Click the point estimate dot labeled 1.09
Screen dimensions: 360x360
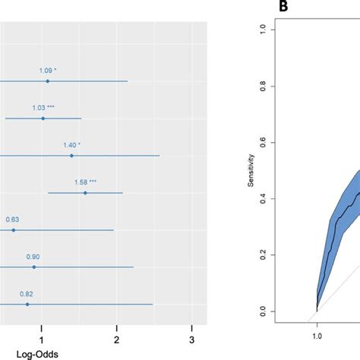(x=47, y=81)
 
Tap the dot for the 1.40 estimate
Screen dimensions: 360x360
(x=71, y=155)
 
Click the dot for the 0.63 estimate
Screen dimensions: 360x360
(x=13, y=229)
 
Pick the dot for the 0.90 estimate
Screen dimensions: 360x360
(x=33, y=267)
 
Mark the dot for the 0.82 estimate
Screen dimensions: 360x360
(x=27, y=304)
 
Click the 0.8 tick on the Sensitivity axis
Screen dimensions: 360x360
(x=283, y=86)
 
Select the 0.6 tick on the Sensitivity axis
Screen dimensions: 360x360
(x=283, y=142)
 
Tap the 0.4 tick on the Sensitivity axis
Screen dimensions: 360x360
(x=283, y=199)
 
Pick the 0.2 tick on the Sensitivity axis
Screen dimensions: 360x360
(x=283, y=255)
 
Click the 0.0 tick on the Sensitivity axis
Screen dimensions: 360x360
(x=283, y=311)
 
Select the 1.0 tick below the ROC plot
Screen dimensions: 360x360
(x=317, y=335)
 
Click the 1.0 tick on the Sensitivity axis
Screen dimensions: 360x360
(x=283, y=30)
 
